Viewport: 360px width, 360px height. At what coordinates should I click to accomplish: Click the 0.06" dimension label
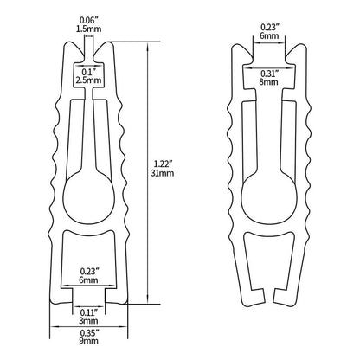[x=87, y=19]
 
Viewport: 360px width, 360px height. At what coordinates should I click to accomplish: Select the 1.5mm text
[x=87, y=29]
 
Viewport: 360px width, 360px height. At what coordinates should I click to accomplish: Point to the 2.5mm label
[x=87, y=80]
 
